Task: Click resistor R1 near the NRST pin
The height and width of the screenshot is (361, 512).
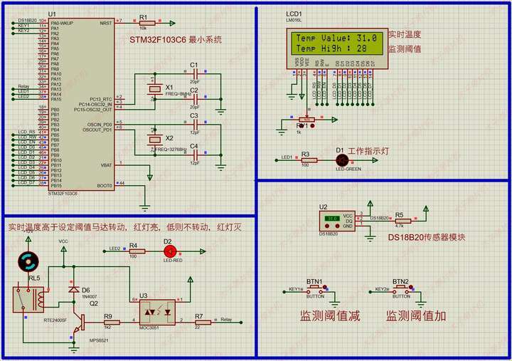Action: point(144,22)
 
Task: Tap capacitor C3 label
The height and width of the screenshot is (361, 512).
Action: point(194,115)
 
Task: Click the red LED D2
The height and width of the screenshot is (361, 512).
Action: point(169,251)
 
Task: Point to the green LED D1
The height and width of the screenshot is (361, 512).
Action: point(340,159)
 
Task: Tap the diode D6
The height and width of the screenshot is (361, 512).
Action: point(73,290)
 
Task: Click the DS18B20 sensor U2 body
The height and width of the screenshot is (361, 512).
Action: point(337,220)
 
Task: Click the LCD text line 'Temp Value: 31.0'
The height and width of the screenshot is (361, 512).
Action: point(336,38)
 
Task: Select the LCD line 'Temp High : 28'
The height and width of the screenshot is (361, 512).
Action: point(331,48)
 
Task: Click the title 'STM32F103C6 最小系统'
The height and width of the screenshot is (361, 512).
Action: point(176,40)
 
